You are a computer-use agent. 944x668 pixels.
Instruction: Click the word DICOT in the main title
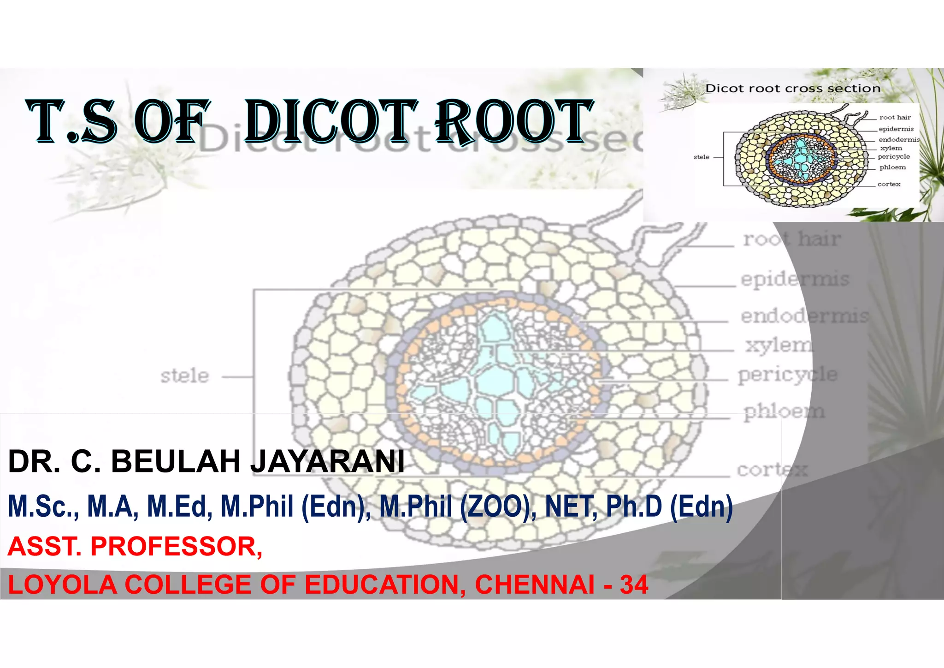[331, 121]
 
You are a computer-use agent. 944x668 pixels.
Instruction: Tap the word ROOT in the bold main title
[514, 121]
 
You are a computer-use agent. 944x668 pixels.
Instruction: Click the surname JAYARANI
[327, 461]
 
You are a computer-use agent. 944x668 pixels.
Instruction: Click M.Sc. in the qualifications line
[44, 506]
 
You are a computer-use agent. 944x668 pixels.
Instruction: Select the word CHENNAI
[535, 584]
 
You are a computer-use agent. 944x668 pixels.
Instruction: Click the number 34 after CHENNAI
[634, 584]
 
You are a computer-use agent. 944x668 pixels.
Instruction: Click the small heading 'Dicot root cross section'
[793, 88]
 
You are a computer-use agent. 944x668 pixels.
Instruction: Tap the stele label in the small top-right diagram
[702, 157]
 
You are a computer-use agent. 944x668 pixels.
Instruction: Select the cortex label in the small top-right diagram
[889, 184]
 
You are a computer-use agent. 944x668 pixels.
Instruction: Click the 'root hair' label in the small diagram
[895, 117]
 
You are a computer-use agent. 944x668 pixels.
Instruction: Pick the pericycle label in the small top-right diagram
[893, 157]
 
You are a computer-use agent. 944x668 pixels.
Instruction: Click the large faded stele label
[184, 376]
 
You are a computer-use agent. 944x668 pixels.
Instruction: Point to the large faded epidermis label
[795, 279]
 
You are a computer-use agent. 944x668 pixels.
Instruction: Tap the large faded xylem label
[779, 345]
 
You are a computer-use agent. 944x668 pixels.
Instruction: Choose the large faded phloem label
[784, 411]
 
